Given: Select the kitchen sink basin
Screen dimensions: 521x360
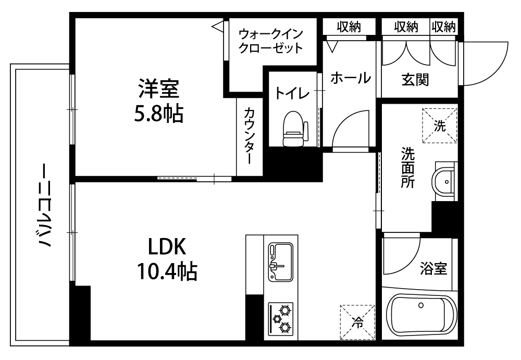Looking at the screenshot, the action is [281, 262].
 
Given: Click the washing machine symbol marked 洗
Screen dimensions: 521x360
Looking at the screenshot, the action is [440, 126].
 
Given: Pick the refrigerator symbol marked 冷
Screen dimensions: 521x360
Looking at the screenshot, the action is [357, 322].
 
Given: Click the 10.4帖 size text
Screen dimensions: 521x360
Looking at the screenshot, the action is [167, 271].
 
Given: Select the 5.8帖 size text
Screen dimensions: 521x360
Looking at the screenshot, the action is [159, 114].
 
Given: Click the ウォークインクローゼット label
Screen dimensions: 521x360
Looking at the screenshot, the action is [271, 41].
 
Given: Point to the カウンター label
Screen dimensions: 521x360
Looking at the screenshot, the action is [250, 135].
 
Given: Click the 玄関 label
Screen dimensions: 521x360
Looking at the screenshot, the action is [415, 80].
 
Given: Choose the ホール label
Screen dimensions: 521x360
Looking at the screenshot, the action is [351, 78].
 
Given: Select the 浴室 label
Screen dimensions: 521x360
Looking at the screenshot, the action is [433, 269].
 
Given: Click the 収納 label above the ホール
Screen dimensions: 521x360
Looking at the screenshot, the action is [349, 27].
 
